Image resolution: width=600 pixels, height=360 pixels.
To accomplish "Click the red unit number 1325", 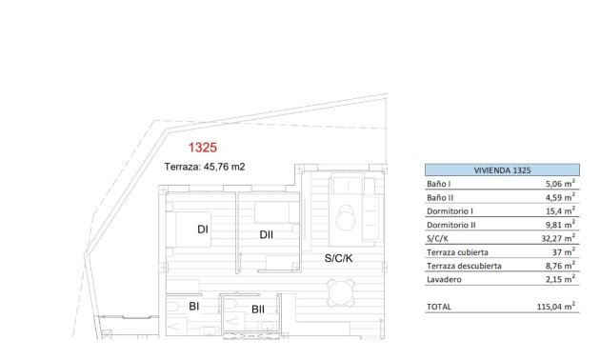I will coord(203,148).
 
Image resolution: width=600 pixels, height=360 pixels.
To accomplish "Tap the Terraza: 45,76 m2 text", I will coord(205,167).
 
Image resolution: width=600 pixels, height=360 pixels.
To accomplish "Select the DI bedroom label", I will coord(203,230).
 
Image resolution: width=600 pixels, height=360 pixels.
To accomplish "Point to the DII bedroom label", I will coord(267,235).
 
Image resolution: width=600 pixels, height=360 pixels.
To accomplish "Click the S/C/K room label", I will coord(338,258).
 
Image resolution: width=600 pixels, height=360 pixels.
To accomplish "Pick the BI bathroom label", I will coord(193,307).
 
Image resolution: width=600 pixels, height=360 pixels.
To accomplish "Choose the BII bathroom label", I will coord(257,309).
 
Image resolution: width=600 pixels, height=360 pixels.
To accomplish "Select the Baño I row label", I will coord(440,184).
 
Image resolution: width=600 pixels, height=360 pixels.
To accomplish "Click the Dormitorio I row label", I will coord(450,210).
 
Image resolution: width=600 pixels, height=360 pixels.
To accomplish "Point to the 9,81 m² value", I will coord(559,225).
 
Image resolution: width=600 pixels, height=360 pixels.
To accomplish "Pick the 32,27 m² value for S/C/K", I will coord(557,238).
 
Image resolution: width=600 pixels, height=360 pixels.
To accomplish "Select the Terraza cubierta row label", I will coord(457,252).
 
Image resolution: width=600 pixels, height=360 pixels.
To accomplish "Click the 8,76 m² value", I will coord(559,266).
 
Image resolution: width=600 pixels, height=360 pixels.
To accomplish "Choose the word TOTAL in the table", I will coord(439,307).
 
